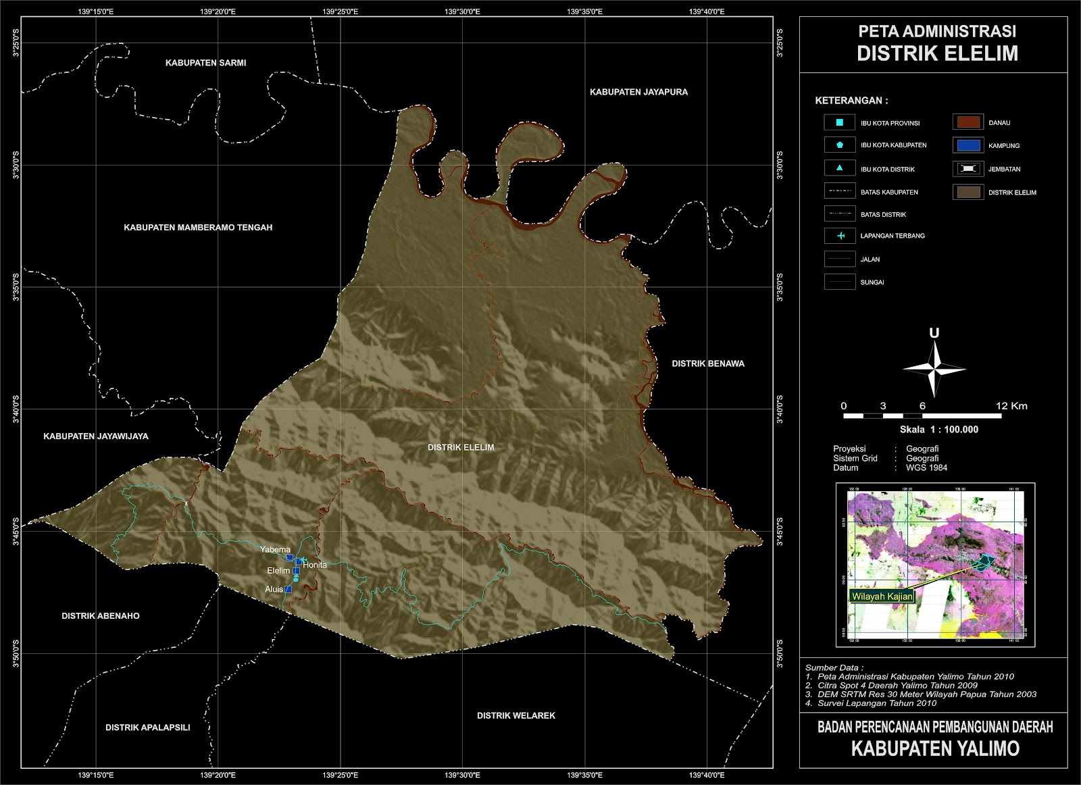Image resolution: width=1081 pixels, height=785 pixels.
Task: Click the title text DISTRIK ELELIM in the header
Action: [937, 53]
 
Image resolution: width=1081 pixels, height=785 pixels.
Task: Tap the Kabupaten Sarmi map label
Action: [205, 63]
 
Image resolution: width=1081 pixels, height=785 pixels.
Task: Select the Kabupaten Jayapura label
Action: [638, 92]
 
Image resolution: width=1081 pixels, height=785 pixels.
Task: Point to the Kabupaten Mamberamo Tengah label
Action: [198, 228]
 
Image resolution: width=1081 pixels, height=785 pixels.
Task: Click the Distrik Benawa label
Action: [707, 363]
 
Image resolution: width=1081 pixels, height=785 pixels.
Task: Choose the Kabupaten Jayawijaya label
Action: [96, 436]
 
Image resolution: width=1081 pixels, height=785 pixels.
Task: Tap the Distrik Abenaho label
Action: [101, 616]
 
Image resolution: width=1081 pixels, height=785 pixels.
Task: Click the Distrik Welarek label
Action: [516, 715]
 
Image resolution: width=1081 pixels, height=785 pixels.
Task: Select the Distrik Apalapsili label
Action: [147, 728]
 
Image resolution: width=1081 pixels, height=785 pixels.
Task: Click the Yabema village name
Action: [275, 550]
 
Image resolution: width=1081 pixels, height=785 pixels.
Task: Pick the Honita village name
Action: [315, 565]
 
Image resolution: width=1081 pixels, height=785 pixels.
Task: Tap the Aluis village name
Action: [274, 589]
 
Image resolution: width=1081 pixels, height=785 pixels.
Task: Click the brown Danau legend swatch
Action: [966, 122]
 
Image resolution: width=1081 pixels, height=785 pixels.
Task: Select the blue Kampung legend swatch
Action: [966, 145]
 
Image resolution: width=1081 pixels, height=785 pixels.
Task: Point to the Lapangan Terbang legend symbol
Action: [840, 236]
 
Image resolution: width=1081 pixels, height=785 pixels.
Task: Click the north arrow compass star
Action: [934, 369]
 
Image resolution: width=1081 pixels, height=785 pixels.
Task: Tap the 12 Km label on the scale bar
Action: [1011, 406]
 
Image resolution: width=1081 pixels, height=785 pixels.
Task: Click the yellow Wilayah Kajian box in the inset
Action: [882, 597]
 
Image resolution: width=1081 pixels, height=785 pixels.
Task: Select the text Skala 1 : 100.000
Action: [938, 430]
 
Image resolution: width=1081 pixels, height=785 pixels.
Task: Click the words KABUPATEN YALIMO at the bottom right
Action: [934, 749]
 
